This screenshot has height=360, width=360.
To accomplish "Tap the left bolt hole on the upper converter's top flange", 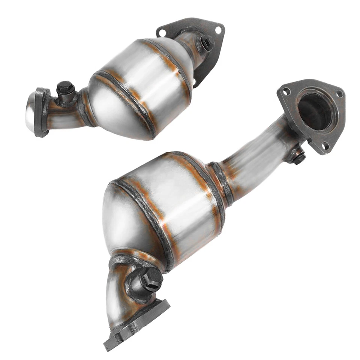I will tap(162, 33).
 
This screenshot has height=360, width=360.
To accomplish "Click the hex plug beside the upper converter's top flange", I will tap(207, 43).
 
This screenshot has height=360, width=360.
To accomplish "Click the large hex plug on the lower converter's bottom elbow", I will tap(151, 279).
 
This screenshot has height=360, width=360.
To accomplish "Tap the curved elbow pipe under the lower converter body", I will tap(120, 292).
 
